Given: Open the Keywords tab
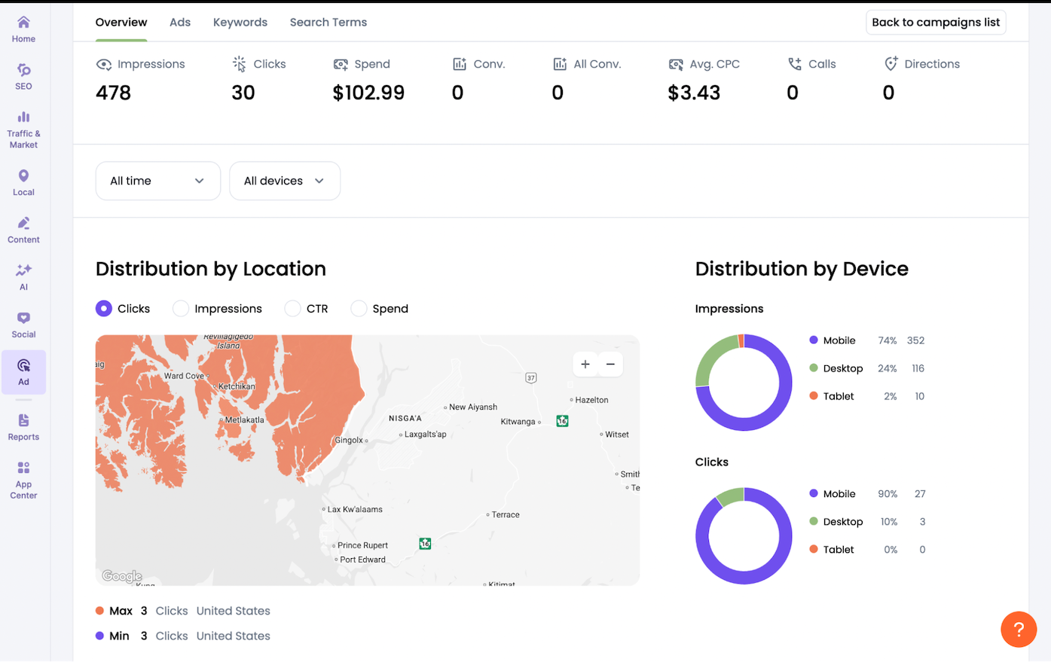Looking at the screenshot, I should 240,23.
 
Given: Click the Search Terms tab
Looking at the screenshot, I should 328,23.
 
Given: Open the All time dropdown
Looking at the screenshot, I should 157,181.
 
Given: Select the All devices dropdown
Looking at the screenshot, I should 284,181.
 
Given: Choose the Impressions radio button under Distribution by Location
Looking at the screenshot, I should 181,309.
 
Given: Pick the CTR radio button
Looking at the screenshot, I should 292,309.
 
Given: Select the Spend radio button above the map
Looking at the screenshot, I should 359,309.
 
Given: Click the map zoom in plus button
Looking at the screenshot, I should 585,365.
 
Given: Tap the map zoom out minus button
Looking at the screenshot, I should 610,365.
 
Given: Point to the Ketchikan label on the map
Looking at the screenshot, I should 236,386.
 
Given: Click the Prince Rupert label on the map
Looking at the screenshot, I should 362,545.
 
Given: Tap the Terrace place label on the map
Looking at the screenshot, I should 505,515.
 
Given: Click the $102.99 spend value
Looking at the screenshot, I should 368,93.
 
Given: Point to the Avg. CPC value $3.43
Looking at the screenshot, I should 694,93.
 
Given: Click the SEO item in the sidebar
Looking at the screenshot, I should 23,76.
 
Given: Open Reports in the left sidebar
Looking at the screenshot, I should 23,426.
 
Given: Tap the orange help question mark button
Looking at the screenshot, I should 1019,629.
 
